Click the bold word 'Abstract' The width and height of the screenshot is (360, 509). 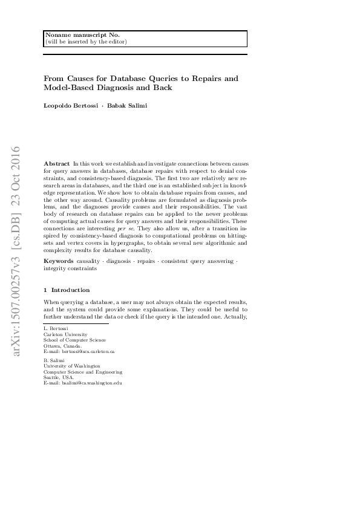point(57,164)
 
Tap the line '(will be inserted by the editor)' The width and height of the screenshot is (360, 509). point(86,42)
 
